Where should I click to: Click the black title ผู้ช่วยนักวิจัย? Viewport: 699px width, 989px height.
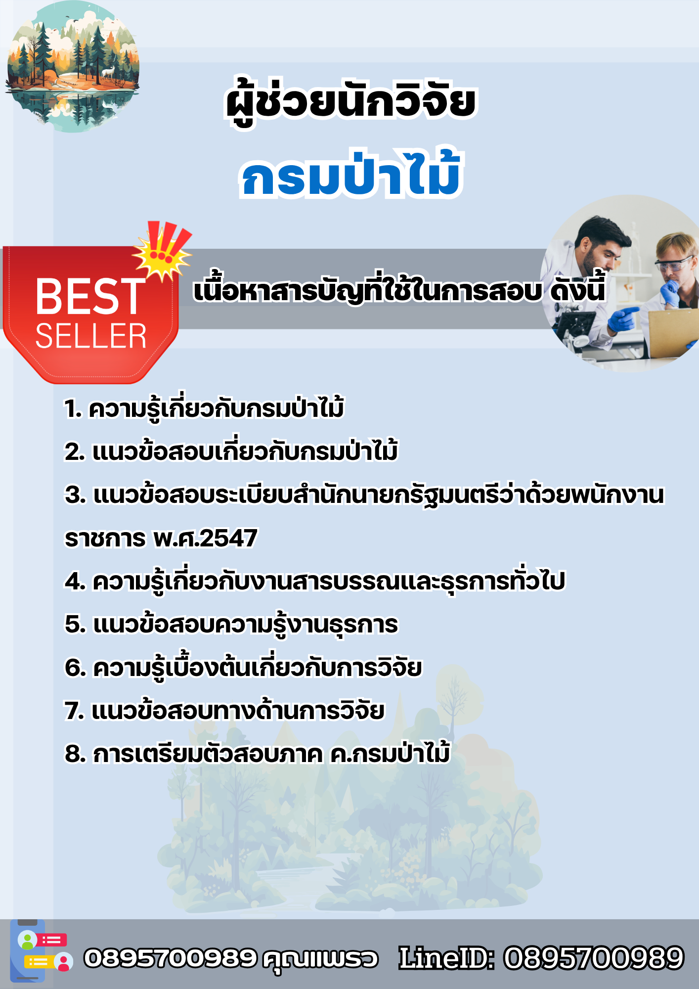click(x=350, y=101)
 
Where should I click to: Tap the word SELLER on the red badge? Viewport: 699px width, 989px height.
click(x=91, y=336)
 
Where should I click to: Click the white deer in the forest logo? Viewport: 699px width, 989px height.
click(x=108, y=72)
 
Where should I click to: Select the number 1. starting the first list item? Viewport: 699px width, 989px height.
click(x=73, y=409)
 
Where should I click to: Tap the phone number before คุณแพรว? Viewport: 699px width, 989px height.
click(x=170, y=958)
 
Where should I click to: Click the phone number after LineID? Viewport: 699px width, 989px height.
click(x=594, y=958)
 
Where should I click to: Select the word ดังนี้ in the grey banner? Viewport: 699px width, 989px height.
click(x=577, y=290)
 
